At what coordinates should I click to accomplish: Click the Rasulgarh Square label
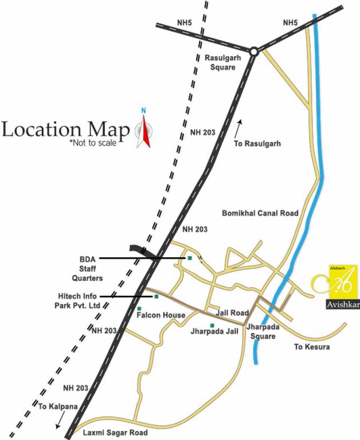pyautogui.click(x=220, y=62)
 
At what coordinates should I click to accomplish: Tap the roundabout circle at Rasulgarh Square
pyautogui.click(x=253, y=52)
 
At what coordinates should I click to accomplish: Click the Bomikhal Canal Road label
pyautogui.click(x=260, y=213)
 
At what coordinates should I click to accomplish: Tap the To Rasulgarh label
pyautogui.click(x=257, y=144)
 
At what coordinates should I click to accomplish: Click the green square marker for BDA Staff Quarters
pyautogui.click(x=189, y=258)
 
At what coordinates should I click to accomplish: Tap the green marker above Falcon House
pyautogui.click(x=139, y=309)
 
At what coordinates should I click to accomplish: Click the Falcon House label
pyautogui.click(x=161, y=316)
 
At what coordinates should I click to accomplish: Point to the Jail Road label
pyautogui.click(x=232, y=313)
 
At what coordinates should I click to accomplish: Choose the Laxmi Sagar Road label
pyautogui.click(x=115, y=433)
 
